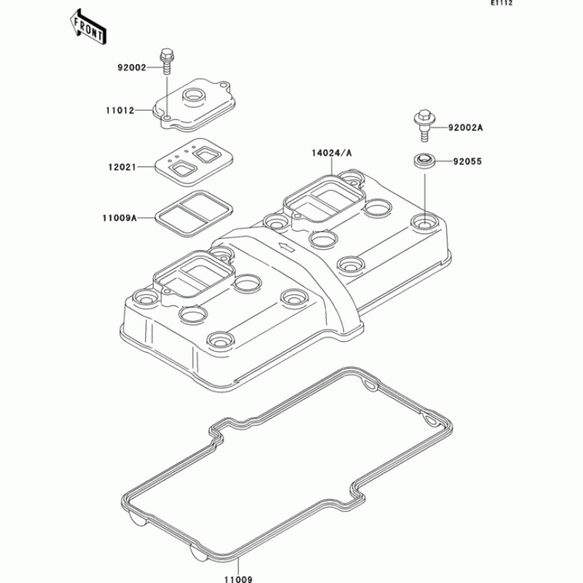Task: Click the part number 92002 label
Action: click(132, 67)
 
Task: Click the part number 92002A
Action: click(465, 127)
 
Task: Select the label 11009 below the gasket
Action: click(238, 577)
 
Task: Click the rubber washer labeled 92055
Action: click(423, 159)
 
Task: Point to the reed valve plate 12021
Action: click(192, 160)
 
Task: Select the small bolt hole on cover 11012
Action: click(167, 117)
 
